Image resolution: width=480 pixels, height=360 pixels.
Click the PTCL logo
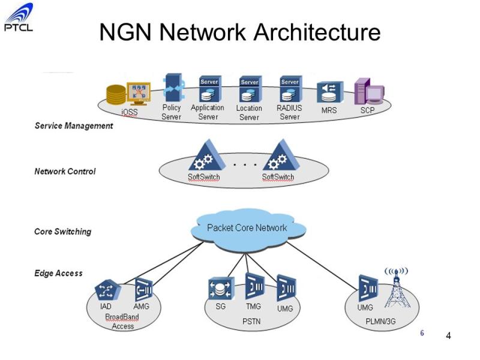(x=19, y=17)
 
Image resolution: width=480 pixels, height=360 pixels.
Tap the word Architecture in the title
(x=317, y=32)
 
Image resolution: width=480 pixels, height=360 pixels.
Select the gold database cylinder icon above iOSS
(x=116, y=95)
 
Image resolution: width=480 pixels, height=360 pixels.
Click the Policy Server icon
(x=173, y=88)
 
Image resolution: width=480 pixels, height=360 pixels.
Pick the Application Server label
(x=208, y=112)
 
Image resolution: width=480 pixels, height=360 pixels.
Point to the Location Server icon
(x=250, y=89)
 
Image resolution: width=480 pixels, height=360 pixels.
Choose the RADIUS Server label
(x=289, y=112)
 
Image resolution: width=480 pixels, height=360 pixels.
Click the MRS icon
(x=329, y=92)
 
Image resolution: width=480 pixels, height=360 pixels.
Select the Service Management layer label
(x=74, y=126)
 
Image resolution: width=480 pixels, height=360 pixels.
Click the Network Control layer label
(x=65, y=171)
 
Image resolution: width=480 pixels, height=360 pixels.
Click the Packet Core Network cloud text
(x=247, y=228)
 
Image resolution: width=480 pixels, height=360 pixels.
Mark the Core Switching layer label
(x=63, y=232)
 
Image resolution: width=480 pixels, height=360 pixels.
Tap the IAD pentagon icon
(x=107, y=290)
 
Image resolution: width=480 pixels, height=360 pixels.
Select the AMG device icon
(x=143, y=289)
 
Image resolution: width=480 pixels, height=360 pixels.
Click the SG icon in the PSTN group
(x=221, y=289)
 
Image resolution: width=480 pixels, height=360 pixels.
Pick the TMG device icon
(x=254, y=286)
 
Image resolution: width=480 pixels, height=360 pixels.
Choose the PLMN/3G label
(x=380, y=322)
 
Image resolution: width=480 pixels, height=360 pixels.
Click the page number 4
(x=448, y=336)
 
